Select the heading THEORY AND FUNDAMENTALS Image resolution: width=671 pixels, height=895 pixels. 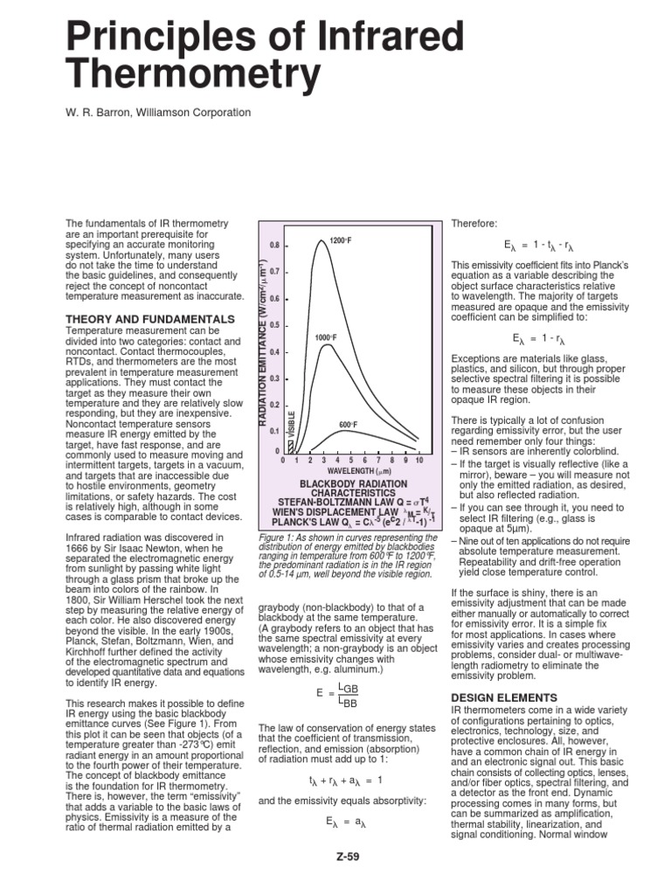[x=150, y=319]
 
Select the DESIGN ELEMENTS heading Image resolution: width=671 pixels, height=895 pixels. [x=503, y=697]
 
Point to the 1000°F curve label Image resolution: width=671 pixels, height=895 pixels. [x=326, y=337]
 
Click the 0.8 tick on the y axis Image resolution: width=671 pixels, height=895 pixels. [x=273, y=246]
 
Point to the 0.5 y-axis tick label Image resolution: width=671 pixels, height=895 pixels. [x=273, y=325]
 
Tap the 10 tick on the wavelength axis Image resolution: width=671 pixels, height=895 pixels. [x=419, y=460]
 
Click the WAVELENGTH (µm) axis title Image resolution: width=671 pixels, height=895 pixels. [x=348, y=471]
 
